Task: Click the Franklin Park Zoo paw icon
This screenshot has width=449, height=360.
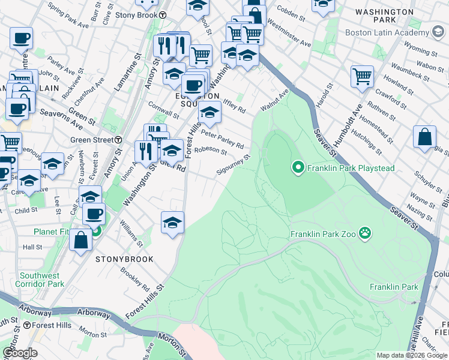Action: (364, 233)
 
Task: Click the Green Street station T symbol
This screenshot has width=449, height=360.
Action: (118, 140)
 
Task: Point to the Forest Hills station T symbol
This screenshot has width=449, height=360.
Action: (27, 326)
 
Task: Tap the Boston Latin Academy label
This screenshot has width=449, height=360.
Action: (387, 32)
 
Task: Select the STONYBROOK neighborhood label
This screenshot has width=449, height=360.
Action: (124, 259)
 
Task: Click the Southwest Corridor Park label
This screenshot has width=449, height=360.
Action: (40, 279)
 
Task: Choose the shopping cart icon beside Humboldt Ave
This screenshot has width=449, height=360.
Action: (362, 76)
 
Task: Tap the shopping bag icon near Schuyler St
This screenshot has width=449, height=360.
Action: (424, 136)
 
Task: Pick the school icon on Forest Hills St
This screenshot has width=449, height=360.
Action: (172, 221)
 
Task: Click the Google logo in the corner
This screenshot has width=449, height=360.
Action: (20, 353)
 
